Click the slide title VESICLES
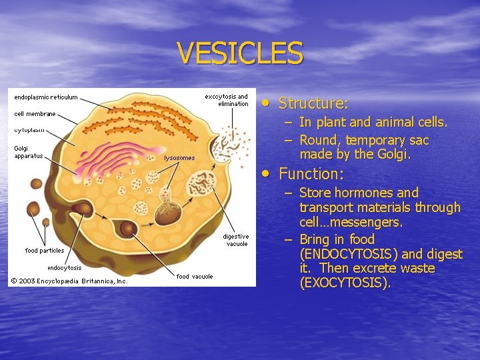(240, 53)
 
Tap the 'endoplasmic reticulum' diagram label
(46, 97)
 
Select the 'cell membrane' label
(35, 114)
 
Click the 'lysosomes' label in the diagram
(179, 158)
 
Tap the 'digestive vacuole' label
(235, 240)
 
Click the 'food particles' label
(45, 251)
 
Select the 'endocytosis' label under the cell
(64, 268)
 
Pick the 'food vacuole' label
(195, 276)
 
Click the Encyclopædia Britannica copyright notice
(69, 281)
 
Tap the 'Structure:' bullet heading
(313, 103)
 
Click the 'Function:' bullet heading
(311, 174)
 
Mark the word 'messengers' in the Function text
(369, 223)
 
